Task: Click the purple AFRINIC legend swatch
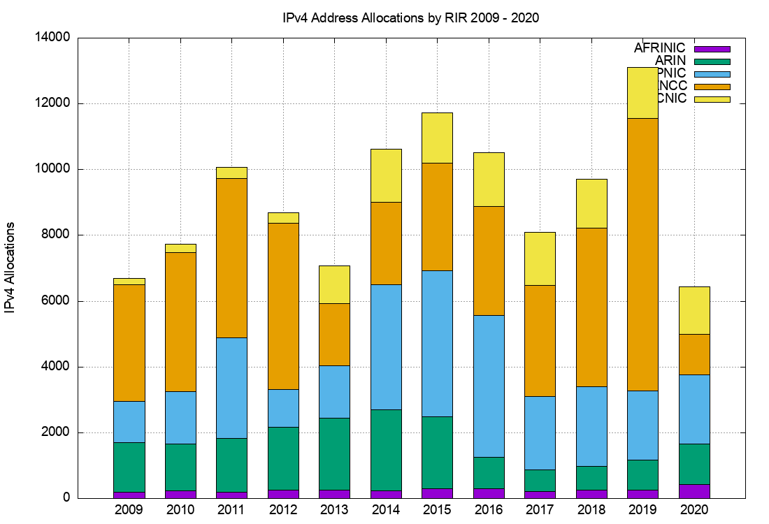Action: pos(712,49)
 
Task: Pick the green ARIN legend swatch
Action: pos(712,61)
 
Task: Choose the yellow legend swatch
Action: pos(712,99)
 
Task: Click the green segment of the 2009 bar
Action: pos(129,467)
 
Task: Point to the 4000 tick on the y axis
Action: pos(57,367)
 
